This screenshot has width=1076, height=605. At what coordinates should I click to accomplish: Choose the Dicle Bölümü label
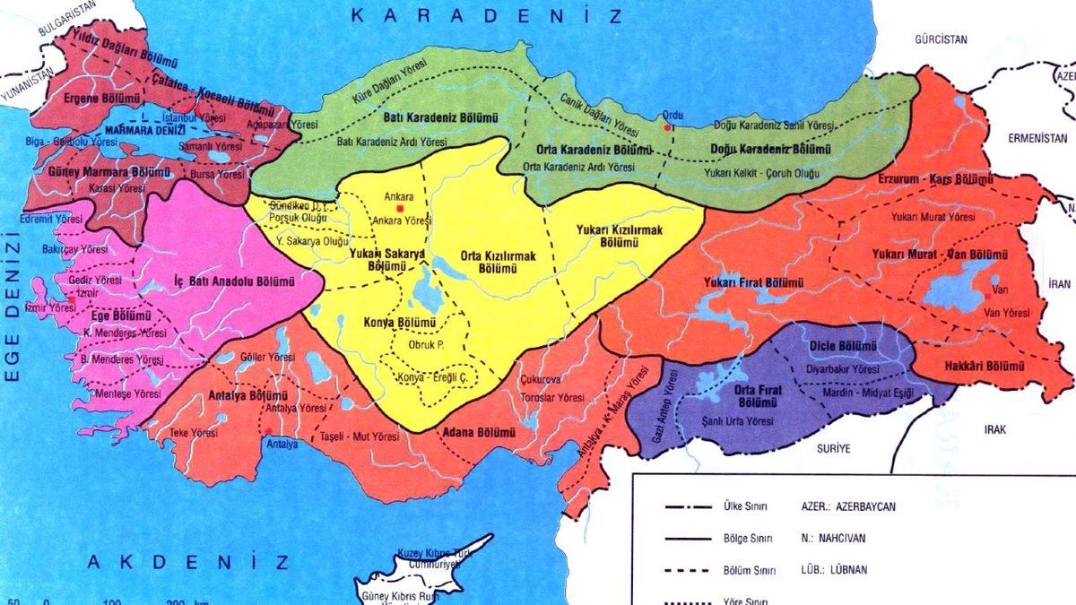click(841, 345)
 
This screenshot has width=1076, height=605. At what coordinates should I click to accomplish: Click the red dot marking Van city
click(987, 297)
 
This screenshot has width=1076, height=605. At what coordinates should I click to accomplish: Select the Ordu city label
click(672, 115)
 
